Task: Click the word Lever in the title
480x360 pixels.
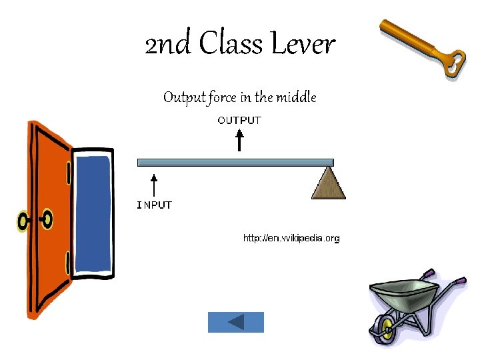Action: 303,45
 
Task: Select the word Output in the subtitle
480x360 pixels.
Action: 184,98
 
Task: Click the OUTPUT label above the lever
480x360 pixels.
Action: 240,120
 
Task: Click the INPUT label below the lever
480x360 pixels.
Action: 155,205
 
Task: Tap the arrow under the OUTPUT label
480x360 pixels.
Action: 240,141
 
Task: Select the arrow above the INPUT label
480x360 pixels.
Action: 154,186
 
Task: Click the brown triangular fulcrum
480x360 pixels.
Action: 329,185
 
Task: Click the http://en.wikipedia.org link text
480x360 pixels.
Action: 291,238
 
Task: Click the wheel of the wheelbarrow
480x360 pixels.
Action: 383,329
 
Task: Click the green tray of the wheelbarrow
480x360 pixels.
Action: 404,293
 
